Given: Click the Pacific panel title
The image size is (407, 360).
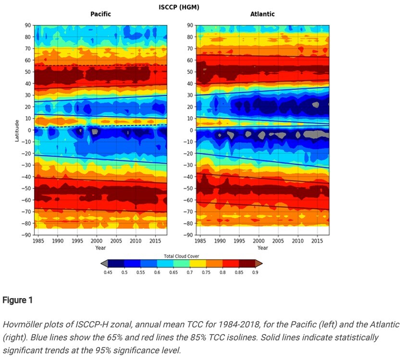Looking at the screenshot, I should tap(101, 14).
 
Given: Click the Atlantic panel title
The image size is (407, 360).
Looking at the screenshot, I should tap(262, 14).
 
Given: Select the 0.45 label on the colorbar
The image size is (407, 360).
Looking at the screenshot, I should tap(108, 272).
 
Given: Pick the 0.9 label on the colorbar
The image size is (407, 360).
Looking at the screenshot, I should tap(255, 272).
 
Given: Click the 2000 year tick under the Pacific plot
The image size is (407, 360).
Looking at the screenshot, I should tap(96, 240).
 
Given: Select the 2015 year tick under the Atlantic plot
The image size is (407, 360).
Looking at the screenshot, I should tap(317, 240).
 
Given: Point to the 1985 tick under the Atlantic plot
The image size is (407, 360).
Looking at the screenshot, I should tap(200, 240).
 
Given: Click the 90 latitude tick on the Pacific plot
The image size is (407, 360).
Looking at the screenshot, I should tap(27, 25).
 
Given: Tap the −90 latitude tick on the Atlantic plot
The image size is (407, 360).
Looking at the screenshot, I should tap(188, 235).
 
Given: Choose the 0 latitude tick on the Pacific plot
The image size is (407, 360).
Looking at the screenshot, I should tap(29, 130).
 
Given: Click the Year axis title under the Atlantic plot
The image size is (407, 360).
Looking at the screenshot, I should tap(262, 248).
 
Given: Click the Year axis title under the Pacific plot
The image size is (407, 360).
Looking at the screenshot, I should tap(101, 248).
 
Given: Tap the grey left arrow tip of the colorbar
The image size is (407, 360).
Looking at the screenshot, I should tap(103, 264).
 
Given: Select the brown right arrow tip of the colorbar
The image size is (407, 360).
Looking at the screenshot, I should tap(259, 264).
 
